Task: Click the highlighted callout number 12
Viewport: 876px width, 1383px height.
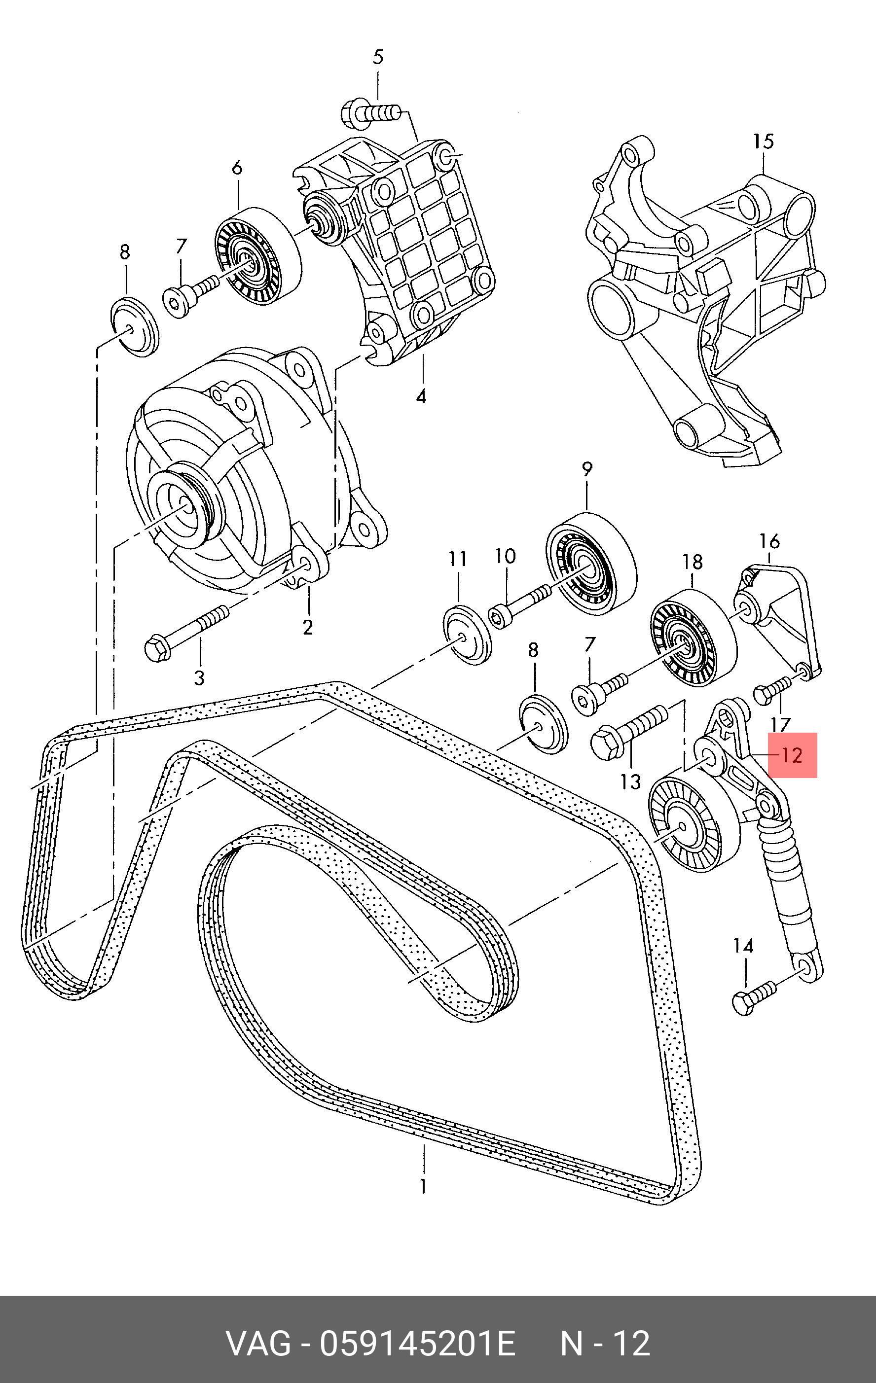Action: (x=792, y=755)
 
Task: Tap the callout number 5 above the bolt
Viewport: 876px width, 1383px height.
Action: (x=377, y=57)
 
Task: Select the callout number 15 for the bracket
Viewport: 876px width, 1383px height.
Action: (x=764, y=142)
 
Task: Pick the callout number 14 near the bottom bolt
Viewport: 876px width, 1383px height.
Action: (x=743, y=946)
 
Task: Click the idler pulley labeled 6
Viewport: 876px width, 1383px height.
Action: (x=258, y=256)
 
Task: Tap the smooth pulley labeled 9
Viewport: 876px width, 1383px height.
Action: (x=590, y=564)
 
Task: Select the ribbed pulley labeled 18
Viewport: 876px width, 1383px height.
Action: (x=692, y=638)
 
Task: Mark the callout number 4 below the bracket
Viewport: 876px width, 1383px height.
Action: (x=421, y=396)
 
